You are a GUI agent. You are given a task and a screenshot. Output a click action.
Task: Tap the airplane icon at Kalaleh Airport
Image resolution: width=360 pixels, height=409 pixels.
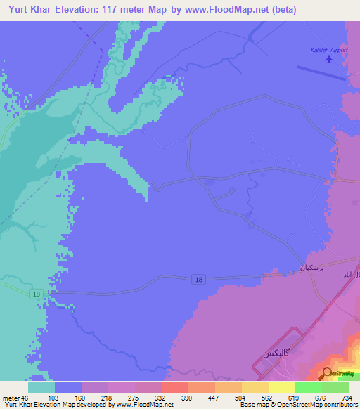pyautogui.click(x=328, y=59)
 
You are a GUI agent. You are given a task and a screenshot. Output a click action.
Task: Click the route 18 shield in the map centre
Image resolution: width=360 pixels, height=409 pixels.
pyautogui.click(x=199, y=280)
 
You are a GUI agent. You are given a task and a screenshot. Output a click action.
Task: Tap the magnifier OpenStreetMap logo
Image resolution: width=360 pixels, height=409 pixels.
pyautogui.click(x=328, y=373)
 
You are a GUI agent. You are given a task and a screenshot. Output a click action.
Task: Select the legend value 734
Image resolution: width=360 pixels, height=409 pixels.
pyautogui.click(x=347, y=398)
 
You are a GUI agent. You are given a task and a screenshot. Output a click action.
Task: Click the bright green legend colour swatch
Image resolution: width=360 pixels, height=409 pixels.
pyautogui.click(x=308, y=387)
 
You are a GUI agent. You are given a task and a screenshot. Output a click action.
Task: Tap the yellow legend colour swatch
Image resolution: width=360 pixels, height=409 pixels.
pyautogui.click(x=281, y=387)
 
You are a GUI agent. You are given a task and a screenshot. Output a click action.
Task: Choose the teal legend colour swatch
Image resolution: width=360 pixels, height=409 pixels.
pyautogui.click(x=41, y=387)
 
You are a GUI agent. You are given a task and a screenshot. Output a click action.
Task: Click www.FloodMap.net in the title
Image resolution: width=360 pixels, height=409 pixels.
pyautogui.click(x=226, y=10)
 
